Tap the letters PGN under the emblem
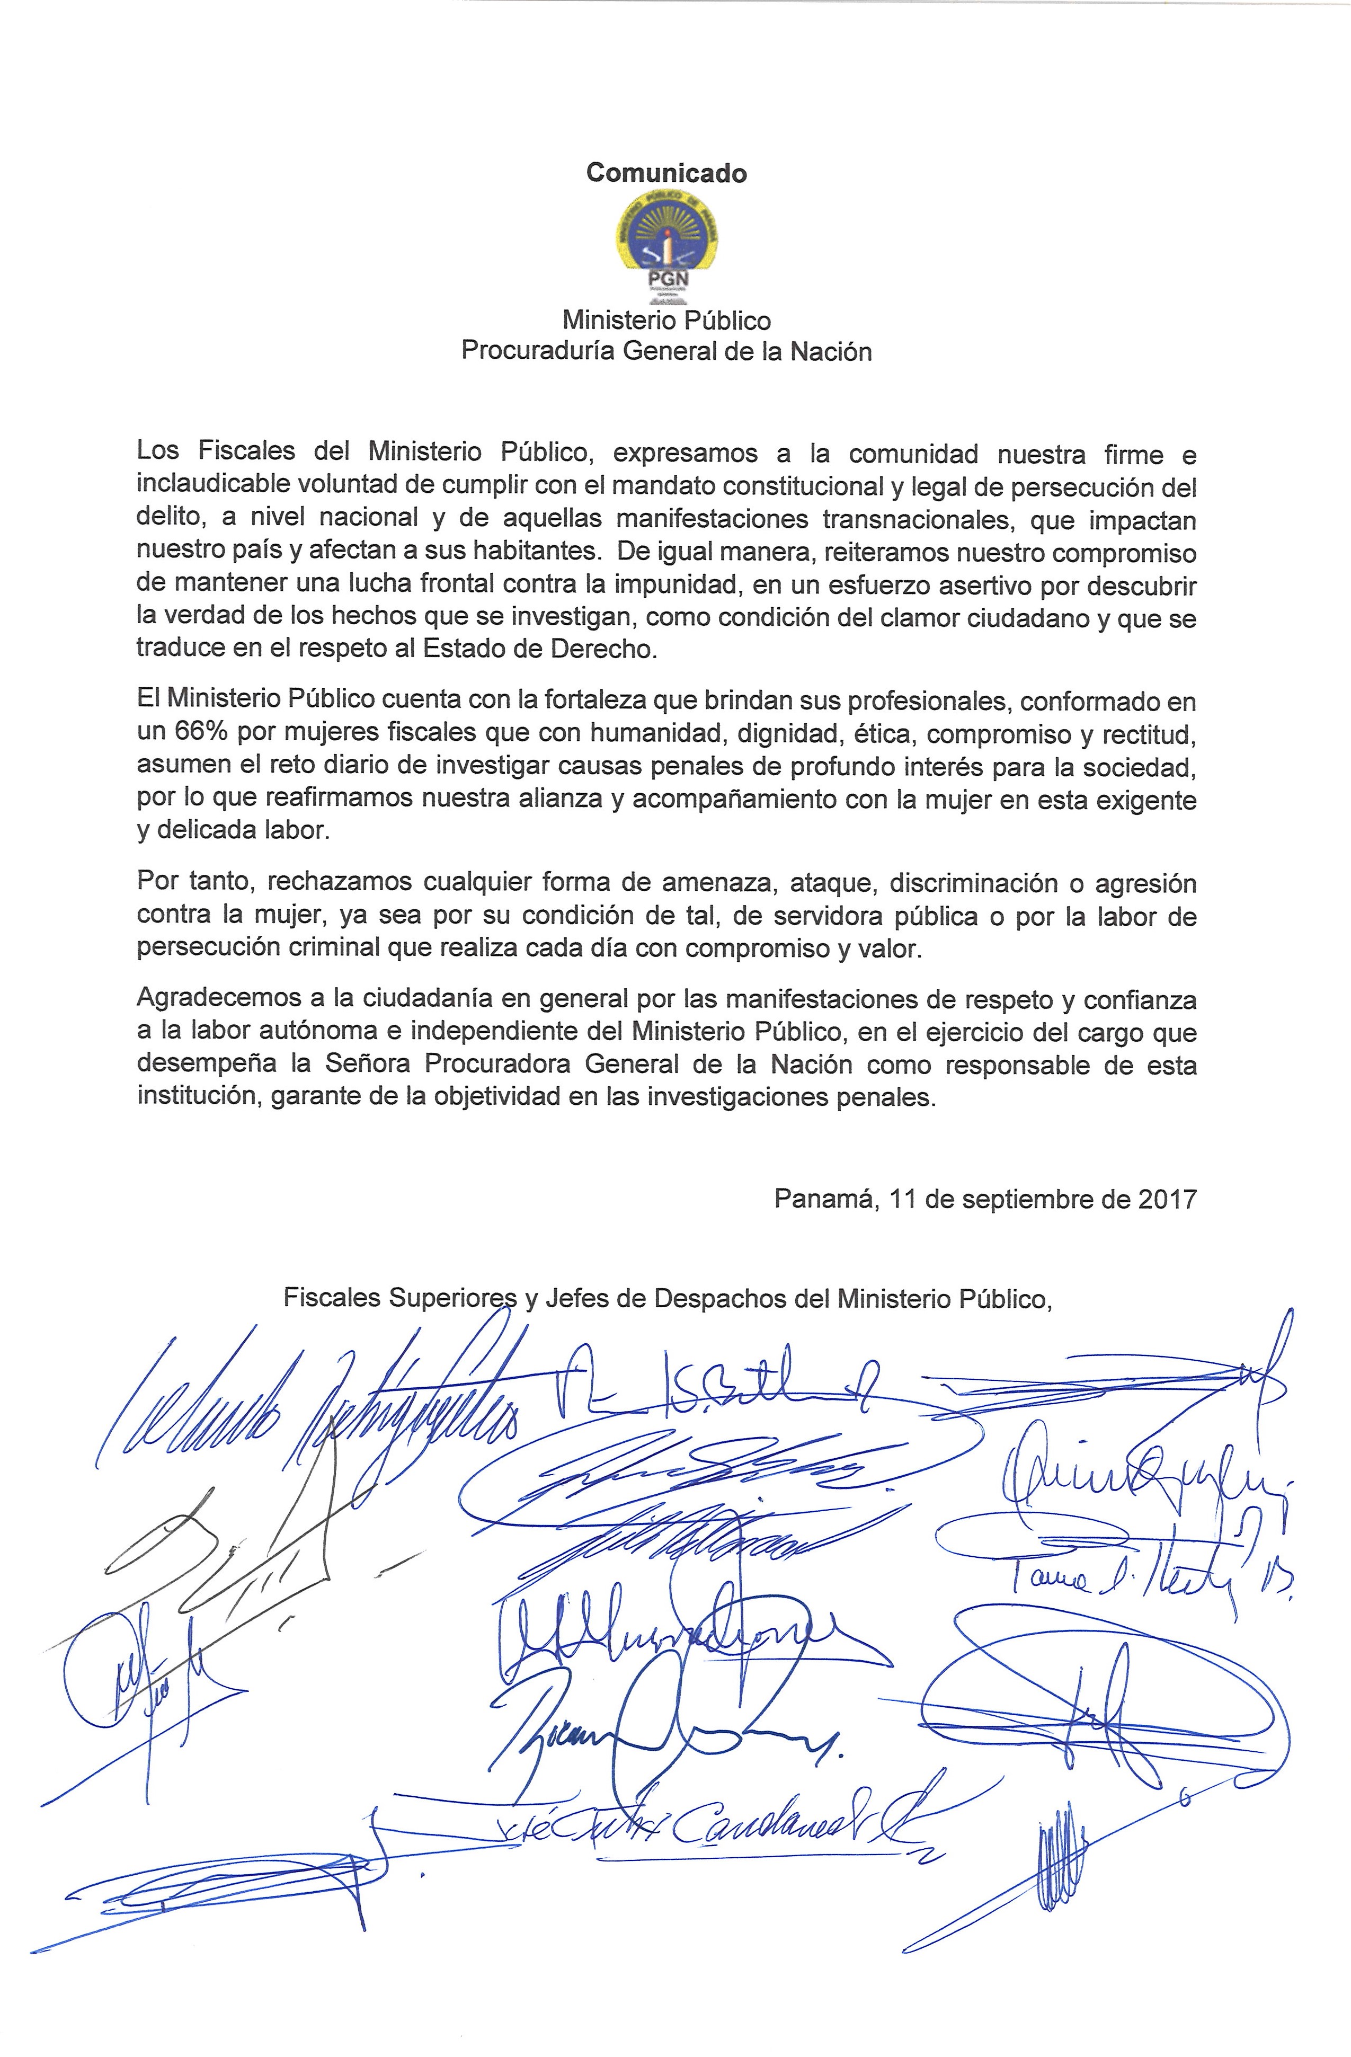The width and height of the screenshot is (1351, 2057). coord(666,279)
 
